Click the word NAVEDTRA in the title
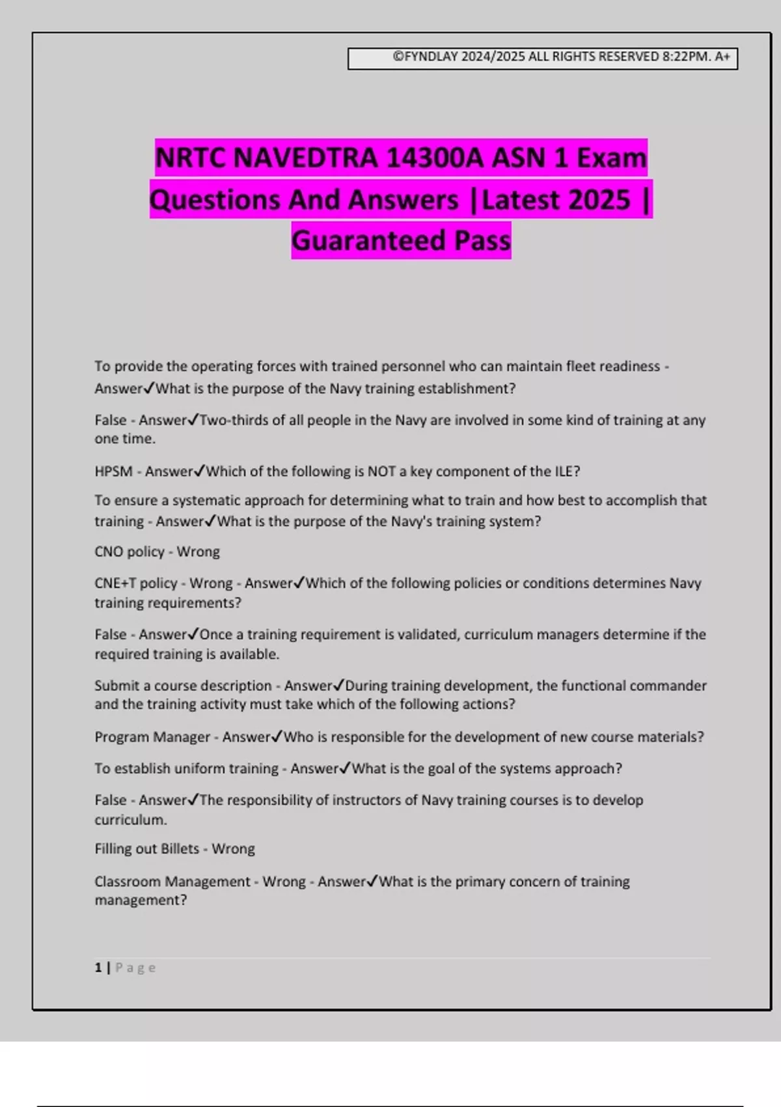click(x=305, y=158)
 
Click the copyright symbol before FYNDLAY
click(x=398, y=57)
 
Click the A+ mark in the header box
click(x=722, y=57)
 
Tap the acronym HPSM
click(x=113, y=471)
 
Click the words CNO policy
click(x=129, y=552)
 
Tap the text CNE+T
click(x=115, y=583)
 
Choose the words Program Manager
click(x=152, y=737)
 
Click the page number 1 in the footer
click(x=98, y=968)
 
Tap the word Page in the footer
click(x=135, y=968)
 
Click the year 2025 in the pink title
click(x=598, y=200)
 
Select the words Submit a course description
click(x=183, y=686)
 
